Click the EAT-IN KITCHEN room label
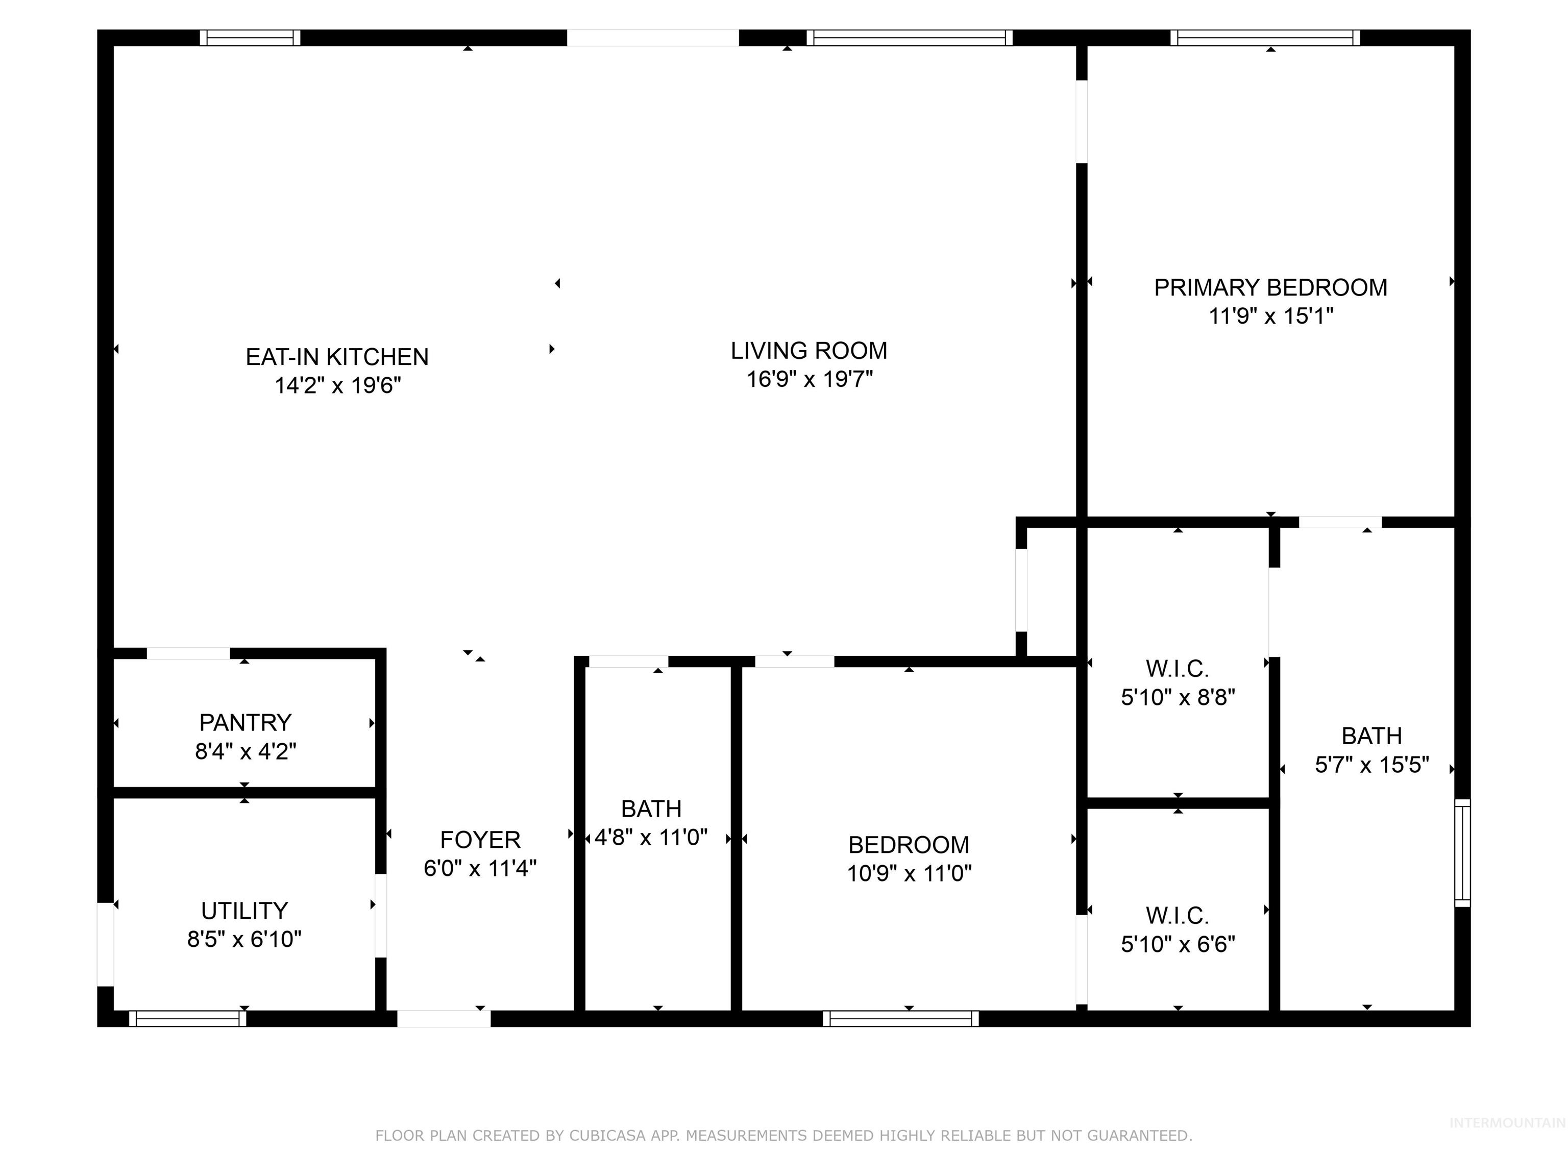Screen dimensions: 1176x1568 point(337,357)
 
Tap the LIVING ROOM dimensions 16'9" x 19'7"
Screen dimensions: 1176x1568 point(809,379)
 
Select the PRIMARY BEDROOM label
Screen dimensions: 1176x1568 point(1270,287)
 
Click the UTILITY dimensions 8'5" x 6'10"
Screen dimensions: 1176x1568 point(244,939)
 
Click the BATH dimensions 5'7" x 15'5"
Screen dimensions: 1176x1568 point(1371,765)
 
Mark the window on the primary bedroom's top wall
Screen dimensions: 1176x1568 point(1265,38)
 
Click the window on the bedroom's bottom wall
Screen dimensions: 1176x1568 point(900,1019)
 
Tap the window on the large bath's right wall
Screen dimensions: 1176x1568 point(1462,853)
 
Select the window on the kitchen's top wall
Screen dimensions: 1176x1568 point(250,38)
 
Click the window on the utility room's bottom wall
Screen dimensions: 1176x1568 point(188,1019)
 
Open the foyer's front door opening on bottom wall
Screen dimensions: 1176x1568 point(443,1019)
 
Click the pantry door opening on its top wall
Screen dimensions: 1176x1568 point(188,653)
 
